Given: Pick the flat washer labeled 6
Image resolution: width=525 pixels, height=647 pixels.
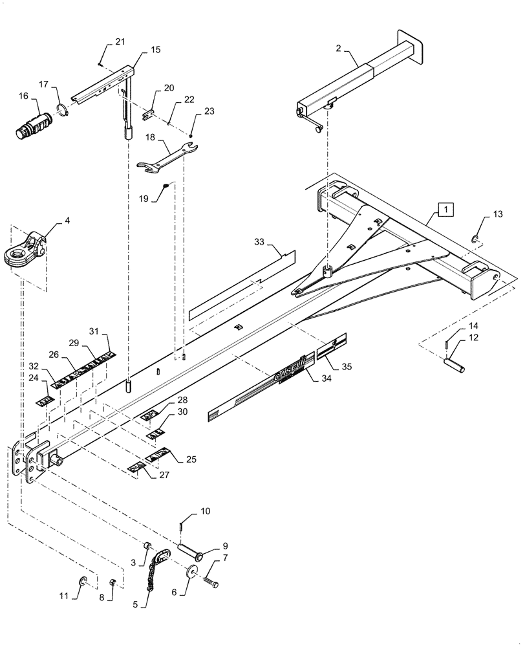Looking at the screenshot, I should [192, 572].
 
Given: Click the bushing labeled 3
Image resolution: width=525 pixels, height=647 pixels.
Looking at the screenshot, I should [147, 546].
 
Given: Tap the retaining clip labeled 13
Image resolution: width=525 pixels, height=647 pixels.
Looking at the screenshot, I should [475, 239].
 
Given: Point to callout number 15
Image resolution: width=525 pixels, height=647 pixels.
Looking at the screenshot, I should [156, 50].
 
